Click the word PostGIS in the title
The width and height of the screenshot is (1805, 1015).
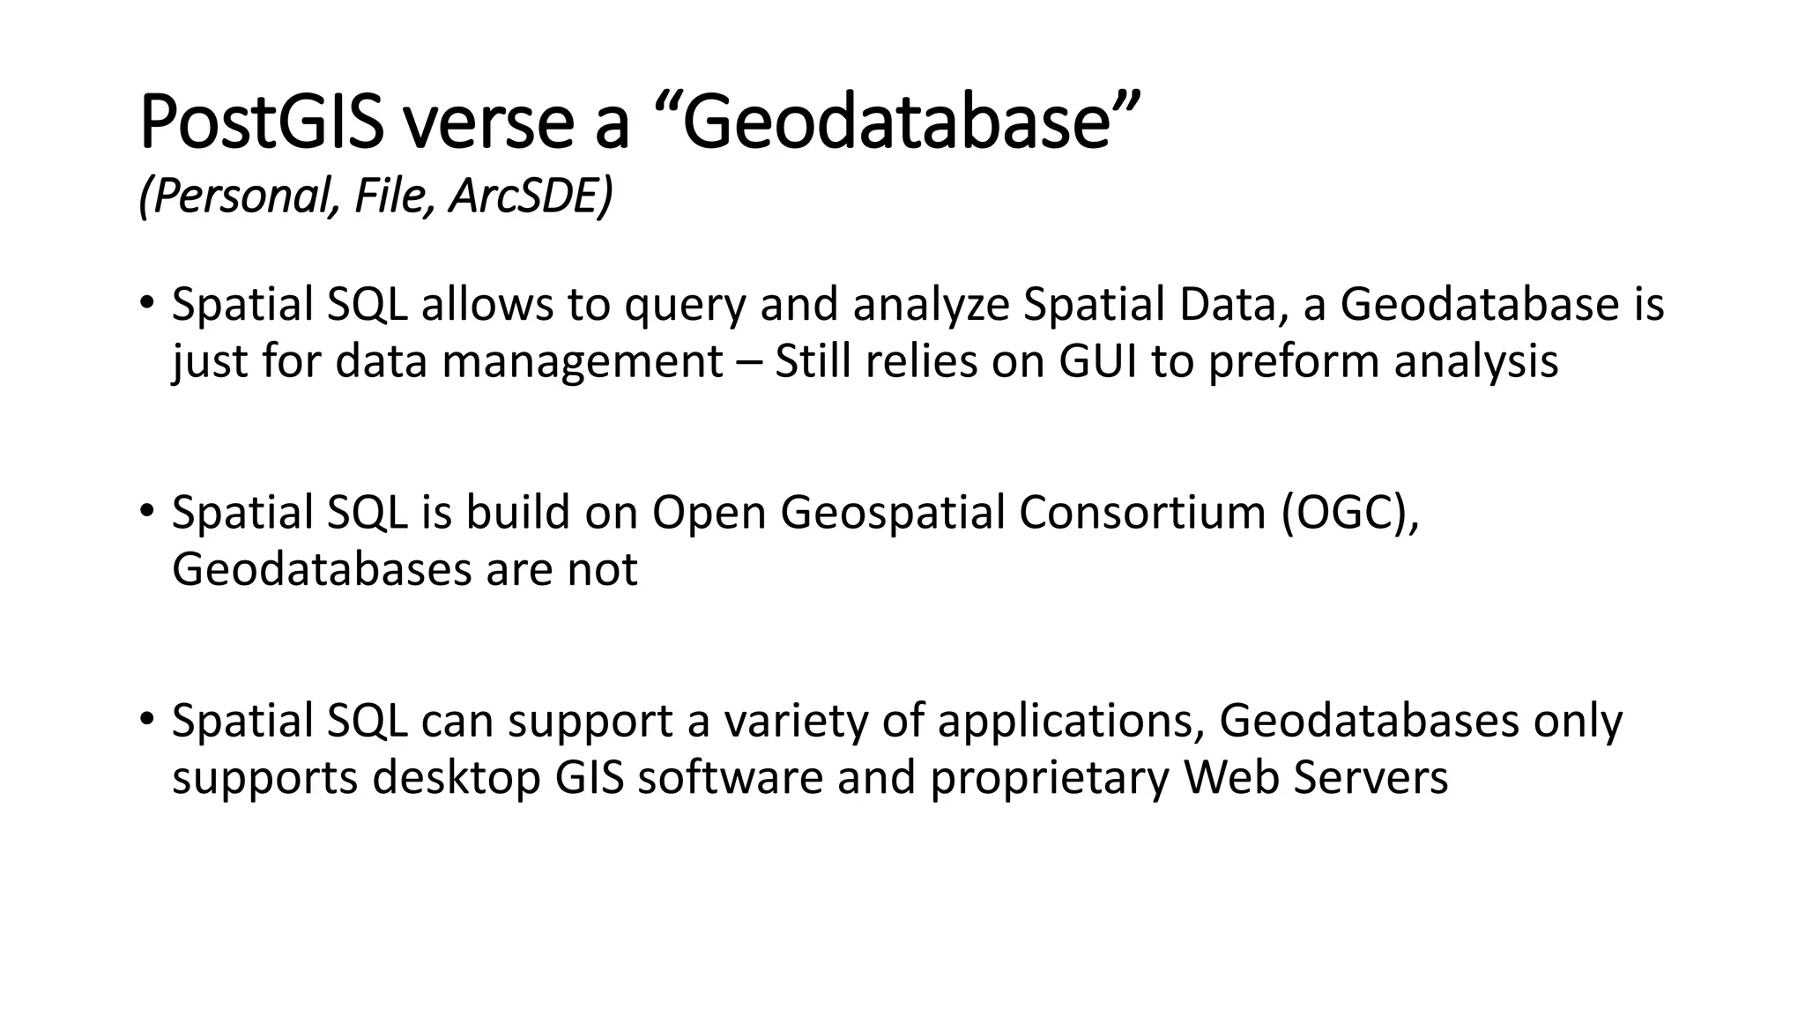pos(261,123)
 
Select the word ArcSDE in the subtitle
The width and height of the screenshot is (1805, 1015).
pos(530,196)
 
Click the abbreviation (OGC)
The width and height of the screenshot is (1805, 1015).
pos(1349,513)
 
